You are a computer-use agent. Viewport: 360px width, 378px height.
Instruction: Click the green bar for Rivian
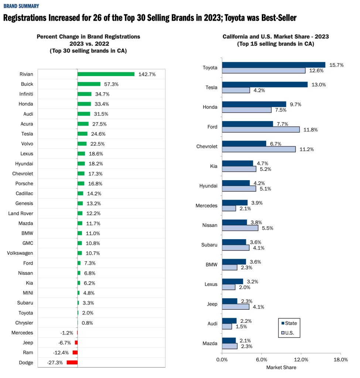tap(106, 74)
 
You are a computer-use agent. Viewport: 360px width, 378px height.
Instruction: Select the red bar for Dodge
tap(72, 362)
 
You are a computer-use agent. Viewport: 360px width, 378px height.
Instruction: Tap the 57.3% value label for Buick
tap(111, 84)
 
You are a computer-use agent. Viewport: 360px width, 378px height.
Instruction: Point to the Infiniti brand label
tap(26, 94)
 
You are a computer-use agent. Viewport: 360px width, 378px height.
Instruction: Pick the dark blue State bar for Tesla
tap(265, 85)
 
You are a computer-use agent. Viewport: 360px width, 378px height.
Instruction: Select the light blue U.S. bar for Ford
tap(261, 130)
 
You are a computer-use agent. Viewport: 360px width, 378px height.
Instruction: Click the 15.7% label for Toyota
tap(336, 65)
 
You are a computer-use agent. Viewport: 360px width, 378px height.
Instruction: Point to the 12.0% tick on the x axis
tap(301, 360)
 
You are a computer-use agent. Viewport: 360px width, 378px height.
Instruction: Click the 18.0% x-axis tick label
tap(340, 360)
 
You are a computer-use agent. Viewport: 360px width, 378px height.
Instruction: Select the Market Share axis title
tap(281, 367)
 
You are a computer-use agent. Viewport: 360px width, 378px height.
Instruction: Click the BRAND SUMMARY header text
tap(21, 6)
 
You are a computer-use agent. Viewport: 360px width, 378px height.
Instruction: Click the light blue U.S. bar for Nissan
tap(240, 228)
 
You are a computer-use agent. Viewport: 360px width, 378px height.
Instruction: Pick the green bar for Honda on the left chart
tap(84, 104)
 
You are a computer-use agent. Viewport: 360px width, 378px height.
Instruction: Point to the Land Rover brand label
tap(21, 213)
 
